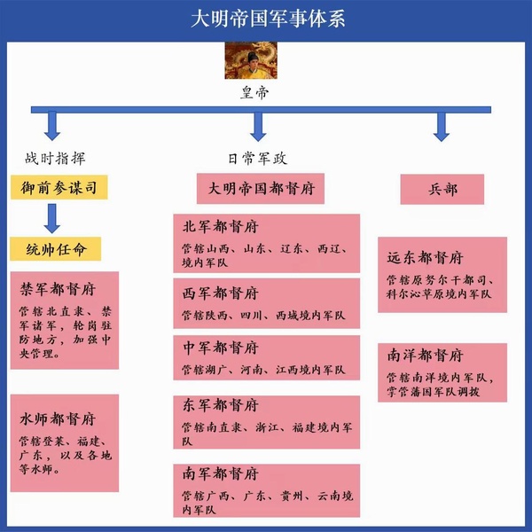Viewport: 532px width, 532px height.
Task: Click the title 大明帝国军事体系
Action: pos(265,20)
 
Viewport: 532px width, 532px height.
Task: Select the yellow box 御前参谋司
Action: pos(59,187)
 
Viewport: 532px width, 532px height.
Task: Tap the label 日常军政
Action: pos(257,159)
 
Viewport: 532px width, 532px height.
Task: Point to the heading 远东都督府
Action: pos(426,258)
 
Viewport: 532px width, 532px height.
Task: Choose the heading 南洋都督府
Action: pos(426,356)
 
